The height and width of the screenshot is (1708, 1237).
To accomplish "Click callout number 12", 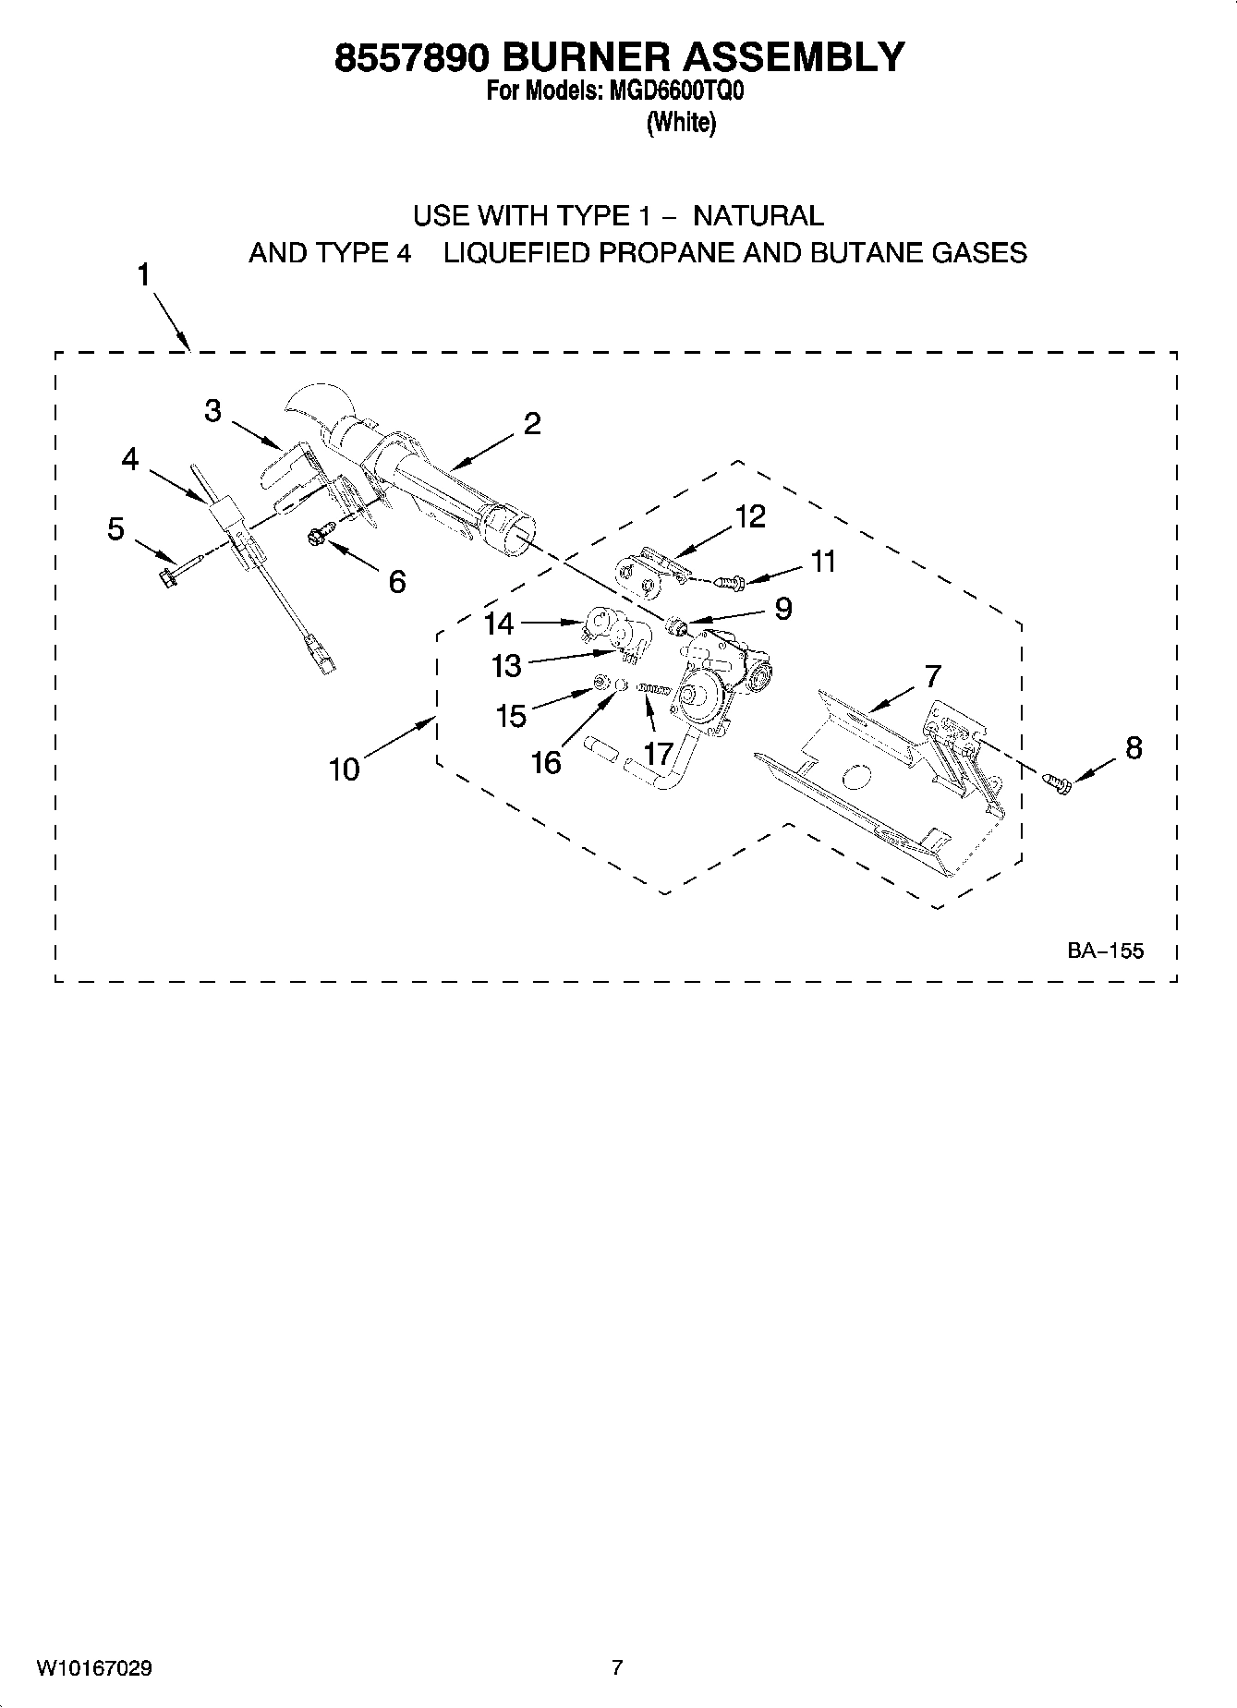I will pyautogui.click(x=750, y=517).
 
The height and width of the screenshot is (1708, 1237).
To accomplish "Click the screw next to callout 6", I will pyautogui.click(x=319, y=534).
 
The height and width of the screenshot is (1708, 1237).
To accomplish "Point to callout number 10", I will pyautogui.click(x=345, y=769).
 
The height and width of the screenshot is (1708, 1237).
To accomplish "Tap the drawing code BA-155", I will pyautogui.click(x=1106, y=951).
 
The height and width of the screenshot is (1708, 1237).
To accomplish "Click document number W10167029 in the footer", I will pyautogui.click(x=94, y=1668).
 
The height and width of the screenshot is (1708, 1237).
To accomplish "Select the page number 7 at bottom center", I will pyautogui.click(x=617, y=1667).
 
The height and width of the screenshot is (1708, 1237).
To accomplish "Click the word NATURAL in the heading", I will pyautogui.click(x=758, y=216).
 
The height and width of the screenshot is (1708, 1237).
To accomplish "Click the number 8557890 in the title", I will pyautogui.click(x=406, y=57).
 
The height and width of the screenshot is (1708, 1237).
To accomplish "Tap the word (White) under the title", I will pyautogui.click(x=681, y=122).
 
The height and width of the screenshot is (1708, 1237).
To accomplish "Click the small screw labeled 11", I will pyautogui.click(x=732, y=582).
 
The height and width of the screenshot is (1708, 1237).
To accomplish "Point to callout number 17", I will pyautogui.click(x=658, y=754).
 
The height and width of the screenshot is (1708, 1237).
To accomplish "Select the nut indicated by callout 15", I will pyautogui.click(x=599, y=684).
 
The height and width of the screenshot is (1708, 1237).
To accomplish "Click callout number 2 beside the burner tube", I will pyautogui.click(x=531, y=424).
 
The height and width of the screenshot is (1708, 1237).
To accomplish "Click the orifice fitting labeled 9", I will pyautogui.click(x=677, y=628).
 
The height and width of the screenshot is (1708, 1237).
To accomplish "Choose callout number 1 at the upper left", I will pyautogui.click(x=144, y=275).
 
